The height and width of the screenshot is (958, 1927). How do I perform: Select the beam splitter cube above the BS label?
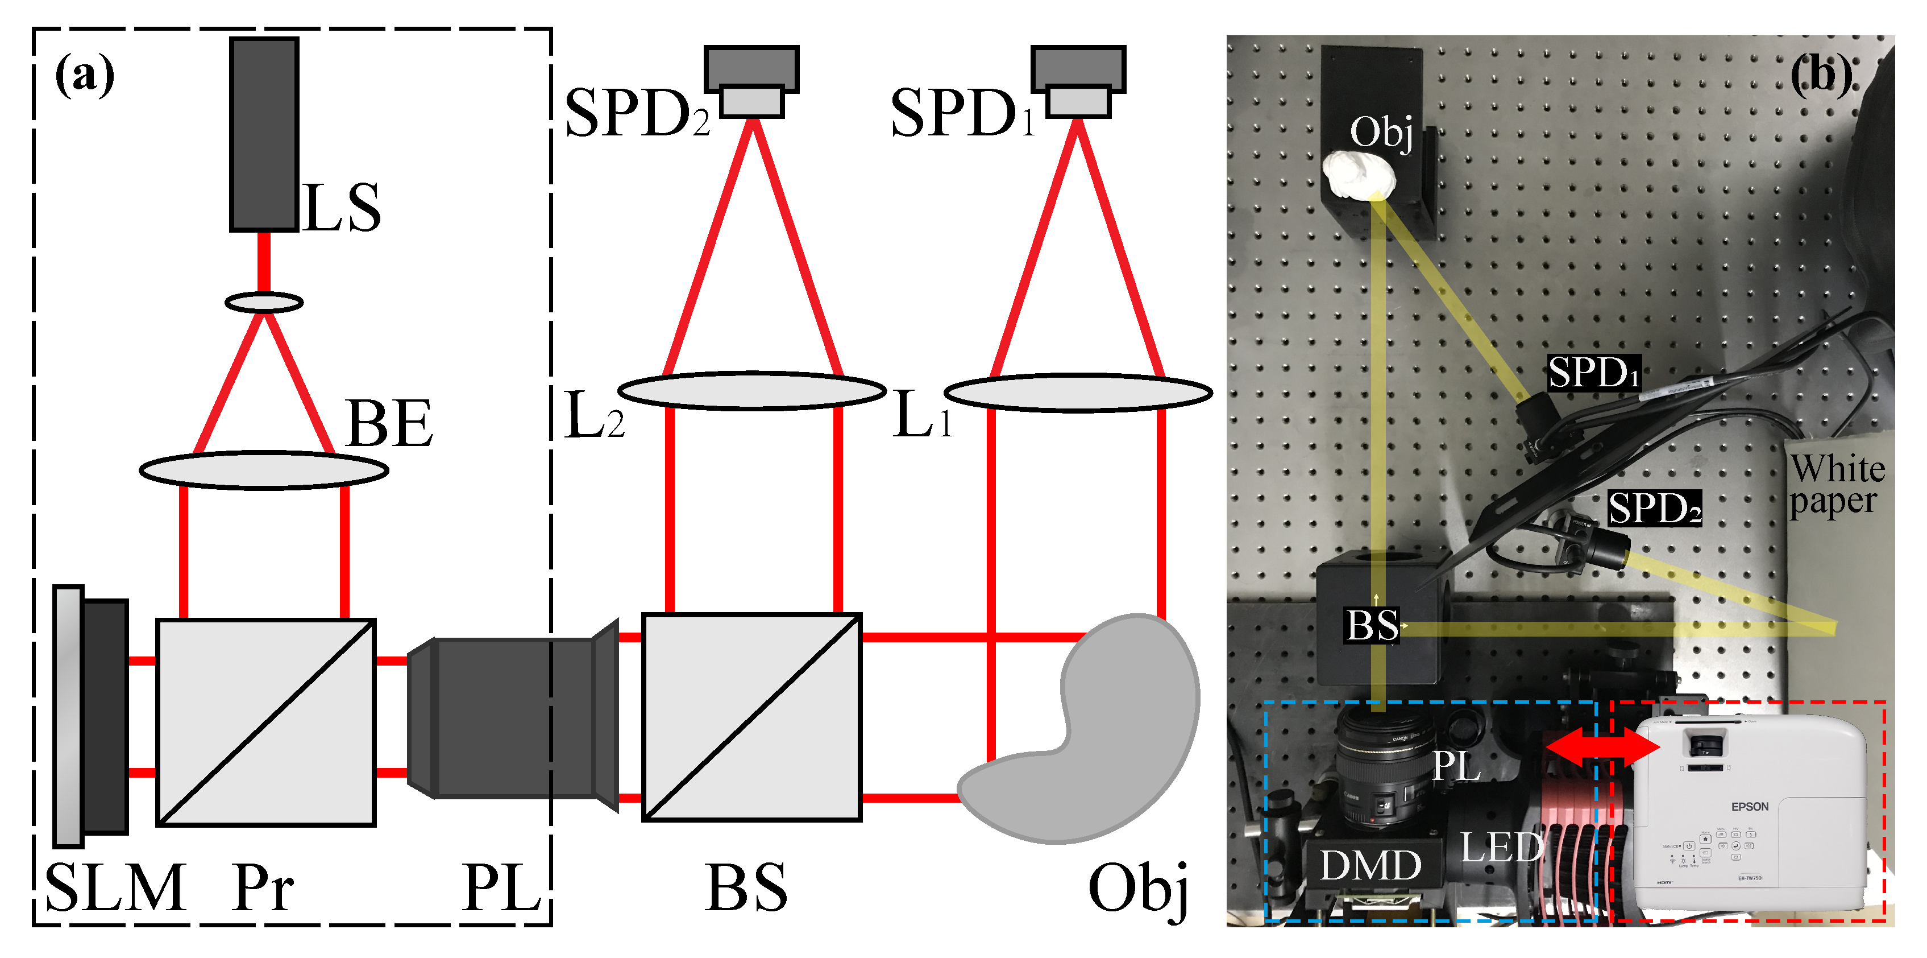(752, 717)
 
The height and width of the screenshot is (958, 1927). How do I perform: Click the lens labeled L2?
(752, 390)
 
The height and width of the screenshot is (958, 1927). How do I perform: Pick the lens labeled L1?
(1078, 392)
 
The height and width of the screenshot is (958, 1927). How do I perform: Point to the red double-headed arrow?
(1601, 749)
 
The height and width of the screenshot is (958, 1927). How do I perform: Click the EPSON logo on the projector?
(1750, 806)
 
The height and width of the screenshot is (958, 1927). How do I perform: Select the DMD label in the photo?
(1371, 865)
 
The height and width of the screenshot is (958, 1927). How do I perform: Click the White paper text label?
(1837, 485)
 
